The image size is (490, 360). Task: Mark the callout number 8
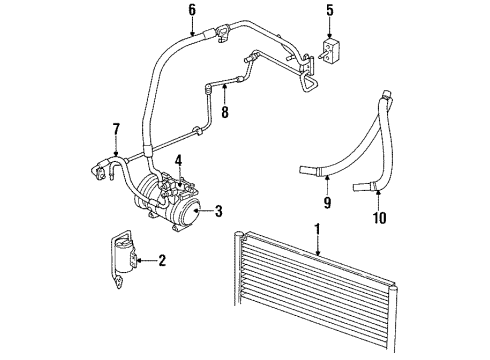225,113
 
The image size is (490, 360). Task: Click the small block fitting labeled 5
332,50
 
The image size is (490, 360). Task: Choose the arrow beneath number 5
331,30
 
